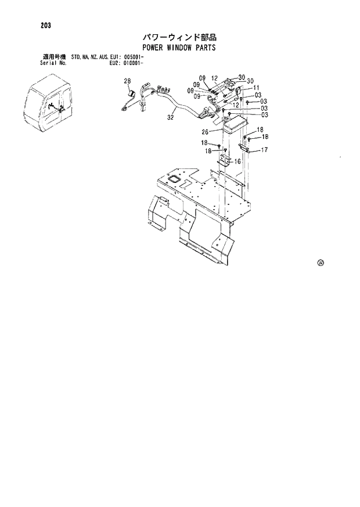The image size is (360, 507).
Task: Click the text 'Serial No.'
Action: point(53,63)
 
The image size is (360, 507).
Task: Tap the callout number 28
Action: point(127,81)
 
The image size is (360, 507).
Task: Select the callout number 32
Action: point(170,117)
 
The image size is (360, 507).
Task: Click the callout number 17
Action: point(264,150)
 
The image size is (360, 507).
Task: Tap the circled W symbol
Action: point(321,262)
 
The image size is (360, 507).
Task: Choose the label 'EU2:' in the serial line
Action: point(116,63)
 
